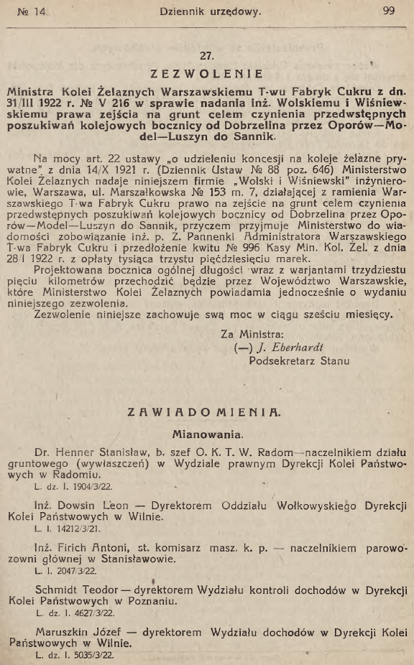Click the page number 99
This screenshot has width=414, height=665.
pos(389,11)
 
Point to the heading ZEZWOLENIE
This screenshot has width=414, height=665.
pos(207,74)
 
